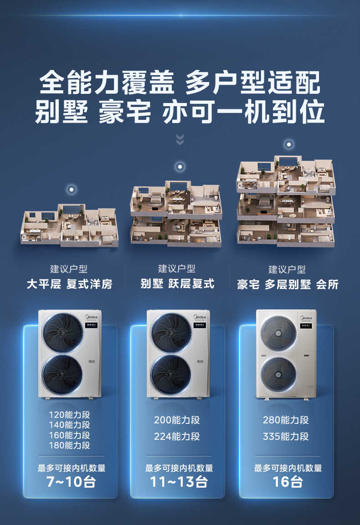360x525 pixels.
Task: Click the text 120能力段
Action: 69,415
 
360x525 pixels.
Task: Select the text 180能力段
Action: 69,446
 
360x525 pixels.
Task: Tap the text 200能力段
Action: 177,420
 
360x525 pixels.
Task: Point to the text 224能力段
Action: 177,437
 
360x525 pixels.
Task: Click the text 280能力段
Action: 286,420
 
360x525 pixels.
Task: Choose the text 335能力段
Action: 286,437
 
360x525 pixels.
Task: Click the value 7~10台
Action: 71,482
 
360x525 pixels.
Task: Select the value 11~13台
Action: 179,482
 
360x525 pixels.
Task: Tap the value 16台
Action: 288,482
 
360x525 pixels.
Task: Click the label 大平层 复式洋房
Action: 69,284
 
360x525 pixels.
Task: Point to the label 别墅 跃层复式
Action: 177,283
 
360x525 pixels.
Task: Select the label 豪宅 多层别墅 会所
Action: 288,284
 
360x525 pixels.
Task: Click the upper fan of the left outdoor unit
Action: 63,332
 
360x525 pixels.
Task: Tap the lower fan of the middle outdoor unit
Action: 171,375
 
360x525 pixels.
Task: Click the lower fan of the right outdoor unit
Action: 278,374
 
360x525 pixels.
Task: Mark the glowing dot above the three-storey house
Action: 288,144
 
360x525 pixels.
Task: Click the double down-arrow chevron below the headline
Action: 180,139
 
